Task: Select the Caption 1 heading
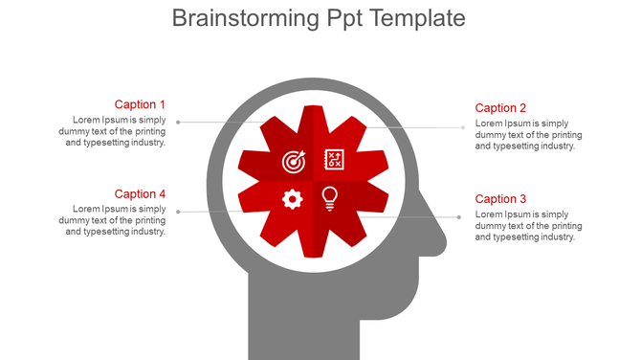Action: (x=140, y=104)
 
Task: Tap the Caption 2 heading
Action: (x=500, y=108)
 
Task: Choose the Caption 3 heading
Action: (x=500, y=199)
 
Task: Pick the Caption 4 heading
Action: (x=140, y=194)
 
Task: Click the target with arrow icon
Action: (x=294, y=161)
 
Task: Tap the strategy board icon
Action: (x=334, y=159)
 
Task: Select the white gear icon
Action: (x=293, y=199)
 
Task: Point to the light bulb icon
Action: (x=330, y=198)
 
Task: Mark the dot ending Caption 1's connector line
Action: (x=177, y=123)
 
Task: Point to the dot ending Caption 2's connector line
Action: (x=465, y=126)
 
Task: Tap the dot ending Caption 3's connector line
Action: (x=459, y=217)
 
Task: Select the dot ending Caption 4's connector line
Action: (x=177, y=212)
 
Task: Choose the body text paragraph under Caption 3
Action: (x=528, y=226)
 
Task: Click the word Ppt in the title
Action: (x=346, y=18)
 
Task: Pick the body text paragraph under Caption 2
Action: (x=528, y=135)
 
